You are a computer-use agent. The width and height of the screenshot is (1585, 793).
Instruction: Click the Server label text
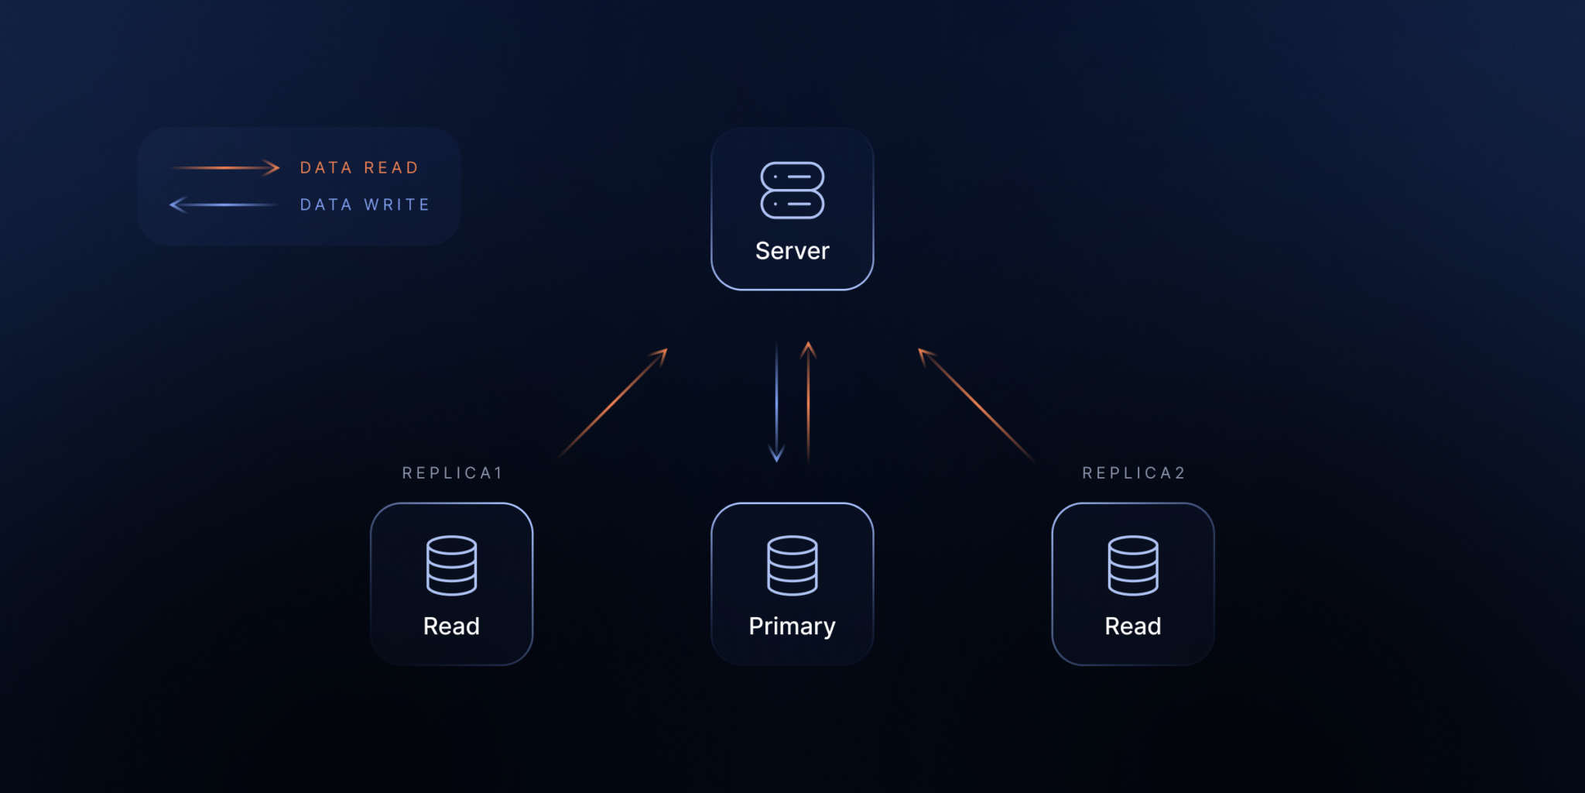coord(792,251)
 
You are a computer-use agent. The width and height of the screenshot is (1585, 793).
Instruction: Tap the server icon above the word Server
coord(792,191)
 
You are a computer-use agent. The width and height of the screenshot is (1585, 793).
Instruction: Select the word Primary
coord(792,626)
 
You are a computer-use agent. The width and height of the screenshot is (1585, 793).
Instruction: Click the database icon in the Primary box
coord(792,565)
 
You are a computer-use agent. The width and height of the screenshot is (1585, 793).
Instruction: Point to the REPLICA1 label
coord(453,473)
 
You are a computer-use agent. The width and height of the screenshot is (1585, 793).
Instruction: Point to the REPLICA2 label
coord(1134,473)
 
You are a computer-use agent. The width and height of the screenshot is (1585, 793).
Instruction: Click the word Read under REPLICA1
coord(451,626)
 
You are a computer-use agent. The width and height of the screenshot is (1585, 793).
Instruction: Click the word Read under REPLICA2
coord(1132,626)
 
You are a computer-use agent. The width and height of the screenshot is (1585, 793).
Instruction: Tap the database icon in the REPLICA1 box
coord(451,565)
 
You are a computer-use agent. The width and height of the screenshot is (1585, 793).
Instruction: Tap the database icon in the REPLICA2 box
coord(1132,565)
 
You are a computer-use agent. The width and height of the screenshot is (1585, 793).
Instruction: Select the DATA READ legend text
coord(359,168)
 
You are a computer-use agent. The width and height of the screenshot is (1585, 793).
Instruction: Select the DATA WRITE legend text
coord(365,205)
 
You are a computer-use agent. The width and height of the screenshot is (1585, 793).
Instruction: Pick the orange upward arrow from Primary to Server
coord(808,403)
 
